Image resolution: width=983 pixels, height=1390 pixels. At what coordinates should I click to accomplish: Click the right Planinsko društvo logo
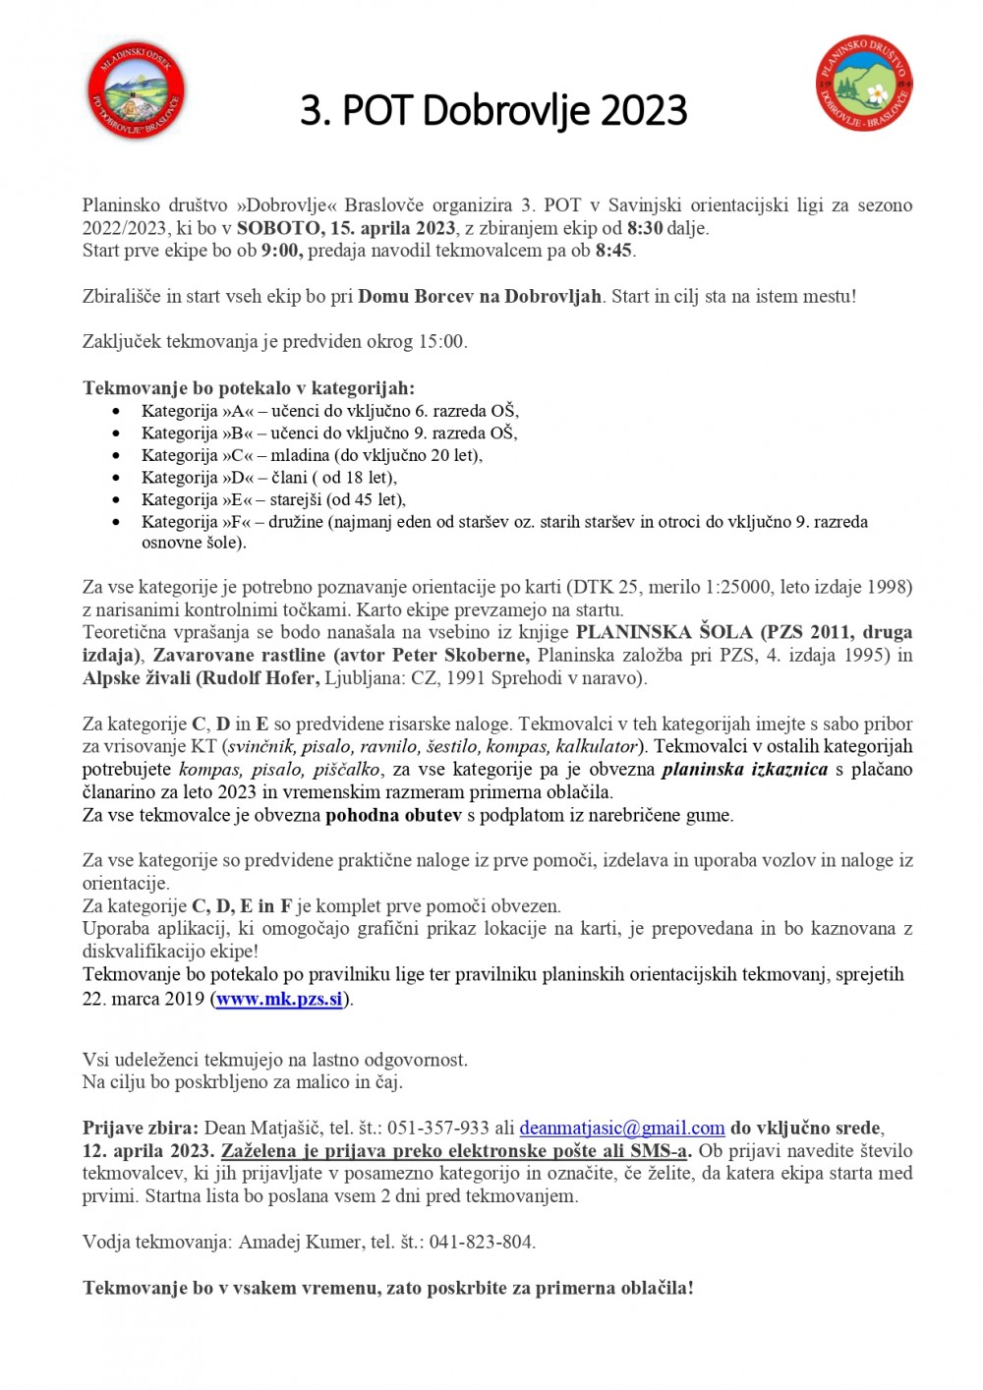pos(865,84)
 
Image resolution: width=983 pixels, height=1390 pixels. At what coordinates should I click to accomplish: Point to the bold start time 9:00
pos(281,251)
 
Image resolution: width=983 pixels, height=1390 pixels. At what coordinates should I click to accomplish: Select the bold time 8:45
pos(614,251)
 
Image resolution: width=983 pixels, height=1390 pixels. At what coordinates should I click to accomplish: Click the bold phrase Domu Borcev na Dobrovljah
pos(480,296)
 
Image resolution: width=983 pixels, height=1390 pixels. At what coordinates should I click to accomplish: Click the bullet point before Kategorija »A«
pos(118,412)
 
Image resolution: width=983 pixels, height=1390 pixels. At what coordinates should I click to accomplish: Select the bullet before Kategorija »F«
pos(118,523)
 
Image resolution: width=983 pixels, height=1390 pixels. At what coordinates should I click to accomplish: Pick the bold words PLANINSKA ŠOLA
pos(664,632)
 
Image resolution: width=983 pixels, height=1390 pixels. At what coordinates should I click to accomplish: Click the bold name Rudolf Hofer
pos(260,677)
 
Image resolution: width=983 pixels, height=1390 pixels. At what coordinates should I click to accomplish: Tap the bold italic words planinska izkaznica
pos(744,769)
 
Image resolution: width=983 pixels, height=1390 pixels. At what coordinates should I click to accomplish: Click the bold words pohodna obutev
pos(393,815)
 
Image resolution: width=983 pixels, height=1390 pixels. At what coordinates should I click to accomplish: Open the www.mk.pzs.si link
pos(279,999)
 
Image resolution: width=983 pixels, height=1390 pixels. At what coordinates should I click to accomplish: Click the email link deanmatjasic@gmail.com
pos(621,1129)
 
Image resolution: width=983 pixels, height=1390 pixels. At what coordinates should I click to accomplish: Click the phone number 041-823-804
pos(482,1242)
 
